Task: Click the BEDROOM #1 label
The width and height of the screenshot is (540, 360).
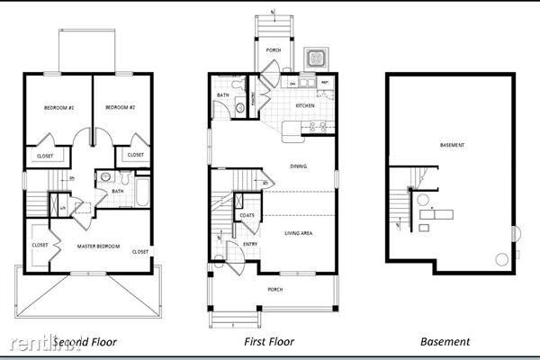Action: tap(58, 108)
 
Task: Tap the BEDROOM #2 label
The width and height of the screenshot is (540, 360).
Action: tap(120, 108)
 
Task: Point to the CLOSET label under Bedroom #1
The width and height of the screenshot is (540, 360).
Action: tap(45, 156)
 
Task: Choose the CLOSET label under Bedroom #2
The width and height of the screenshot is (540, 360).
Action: tap(135, 155)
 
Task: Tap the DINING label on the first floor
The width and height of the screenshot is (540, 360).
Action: tap(298, 166)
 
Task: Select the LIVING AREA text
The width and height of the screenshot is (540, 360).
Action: tap(299, 233)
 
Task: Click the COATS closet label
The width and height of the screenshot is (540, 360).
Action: tap(246, 215)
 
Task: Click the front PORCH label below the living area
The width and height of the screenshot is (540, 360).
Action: tap(274, 289)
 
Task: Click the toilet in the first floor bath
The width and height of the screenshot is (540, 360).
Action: tap(239, 109)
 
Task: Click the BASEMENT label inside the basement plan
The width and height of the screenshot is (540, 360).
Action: tap(453, 145)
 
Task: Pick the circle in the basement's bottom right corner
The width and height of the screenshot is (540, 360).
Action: tap(502, 259)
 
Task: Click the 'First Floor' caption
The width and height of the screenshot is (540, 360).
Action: tap(269, 342)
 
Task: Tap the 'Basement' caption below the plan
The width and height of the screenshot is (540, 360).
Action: tap(445, 342)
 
